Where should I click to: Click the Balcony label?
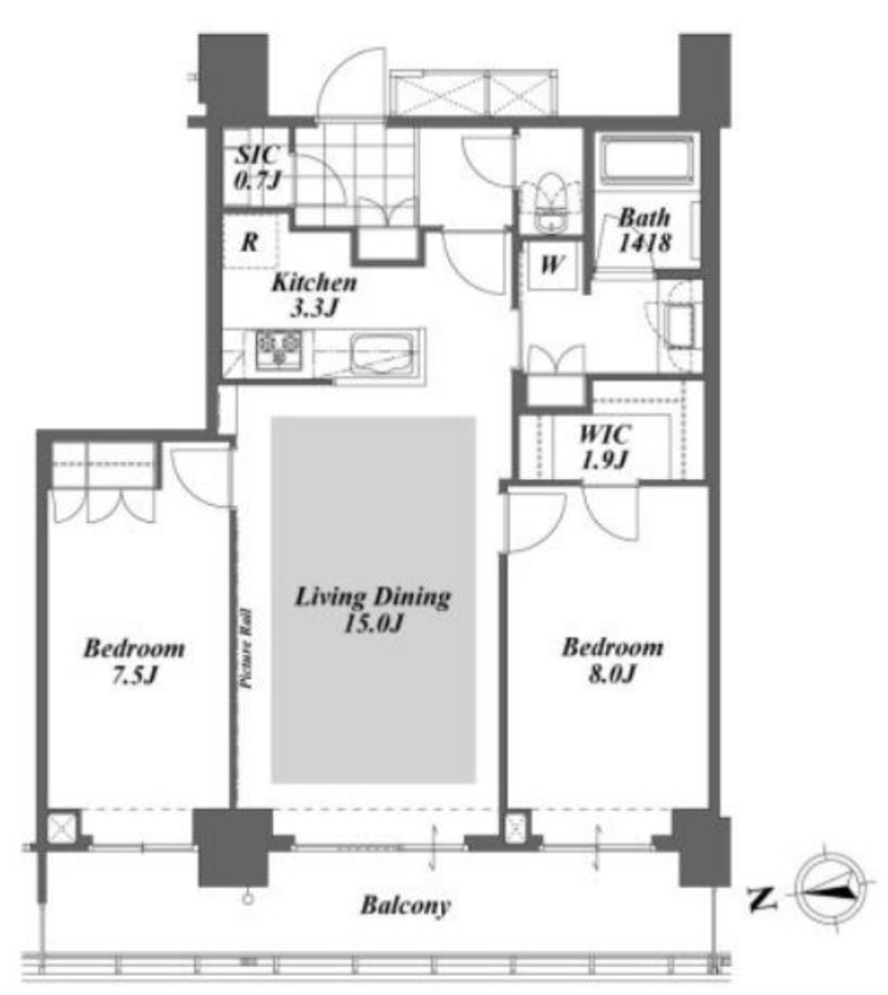pyautogui.click(x=405, y=906)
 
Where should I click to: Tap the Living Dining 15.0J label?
pyautogui.click(x=373, y=610)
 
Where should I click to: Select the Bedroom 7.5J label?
pyautogui.click(x=134, y=661)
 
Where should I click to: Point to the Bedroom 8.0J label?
pyautogui.click(x=613, y=660)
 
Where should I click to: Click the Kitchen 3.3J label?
pyautogui.click(x=314, y=295)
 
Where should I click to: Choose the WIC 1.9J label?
pyautogui.click(x=605, y=447)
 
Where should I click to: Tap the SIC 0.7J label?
pyautogui.click(x=256, y=168)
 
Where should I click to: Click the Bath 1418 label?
pyautogui.click(x=644, y=229)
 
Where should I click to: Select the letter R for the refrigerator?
pyautogui.click(x=250, y=242)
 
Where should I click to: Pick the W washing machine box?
pyautogui.click(x=551, y=264)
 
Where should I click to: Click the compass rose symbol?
pyautogui.click(x=831, y=890)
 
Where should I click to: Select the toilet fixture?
pyautogui.click(x=550, y=202)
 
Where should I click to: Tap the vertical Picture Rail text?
pyautogui.click(x=246, y=648)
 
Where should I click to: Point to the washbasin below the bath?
pyautogui.click(x=680, y=326)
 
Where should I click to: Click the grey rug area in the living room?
pyautogui.click(x=374, y=600)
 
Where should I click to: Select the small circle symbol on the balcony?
pyautogui.click(x=248, y=899)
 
